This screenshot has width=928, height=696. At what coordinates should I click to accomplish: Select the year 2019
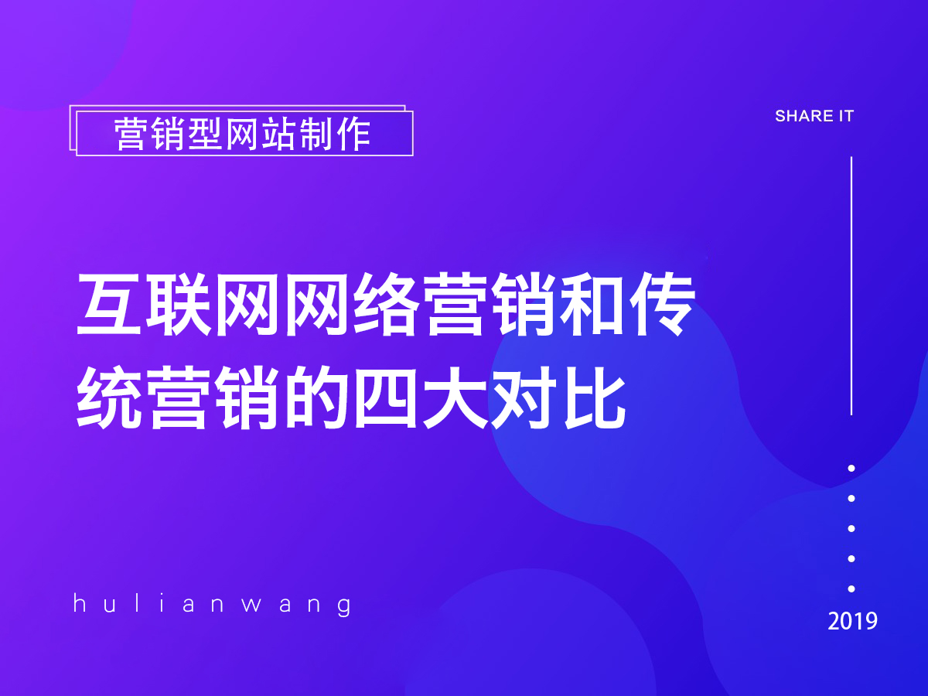point(852,621)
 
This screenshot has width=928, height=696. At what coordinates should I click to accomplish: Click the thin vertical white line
point(851,286)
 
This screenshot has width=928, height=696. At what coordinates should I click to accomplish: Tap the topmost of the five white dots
point(851,468)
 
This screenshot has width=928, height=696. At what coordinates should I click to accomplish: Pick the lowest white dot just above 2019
point(851,589)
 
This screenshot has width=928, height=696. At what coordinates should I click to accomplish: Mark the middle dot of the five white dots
point(851,528)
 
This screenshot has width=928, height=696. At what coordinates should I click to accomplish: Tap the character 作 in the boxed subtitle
point(353,135)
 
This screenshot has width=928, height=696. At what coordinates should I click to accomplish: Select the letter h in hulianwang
point(79,603)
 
